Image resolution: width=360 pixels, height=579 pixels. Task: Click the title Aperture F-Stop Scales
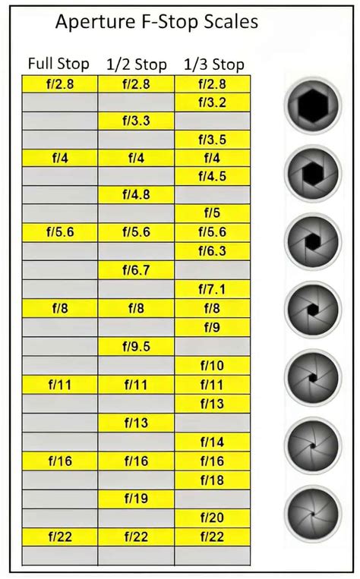(156, 22)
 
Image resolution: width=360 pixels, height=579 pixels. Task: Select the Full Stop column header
(58, 64)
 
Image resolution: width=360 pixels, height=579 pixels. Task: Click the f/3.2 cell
(212, 102)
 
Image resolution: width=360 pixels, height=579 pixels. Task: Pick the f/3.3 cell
(136, 121)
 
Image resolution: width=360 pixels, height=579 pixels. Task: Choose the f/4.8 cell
(136, 195)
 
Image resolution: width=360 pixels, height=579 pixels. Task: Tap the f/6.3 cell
(212, 251)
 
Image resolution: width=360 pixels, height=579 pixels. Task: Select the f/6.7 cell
(136, 270)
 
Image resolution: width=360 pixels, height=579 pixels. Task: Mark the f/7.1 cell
(212, 289)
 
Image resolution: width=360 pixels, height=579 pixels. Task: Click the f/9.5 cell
(136, 347)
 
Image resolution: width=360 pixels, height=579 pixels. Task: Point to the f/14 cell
(212, 442)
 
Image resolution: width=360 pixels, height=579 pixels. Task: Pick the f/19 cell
(136, 499)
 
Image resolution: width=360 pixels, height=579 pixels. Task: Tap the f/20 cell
(212, 518)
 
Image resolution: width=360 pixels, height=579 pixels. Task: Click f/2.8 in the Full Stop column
(61, 83)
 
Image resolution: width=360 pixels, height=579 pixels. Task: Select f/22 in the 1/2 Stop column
(136, 537)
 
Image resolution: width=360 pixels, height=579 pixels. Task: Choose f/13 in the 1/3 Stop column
(212, 404)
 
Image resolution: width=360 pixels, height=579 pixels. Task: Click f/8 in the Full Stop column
(61, 308)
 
